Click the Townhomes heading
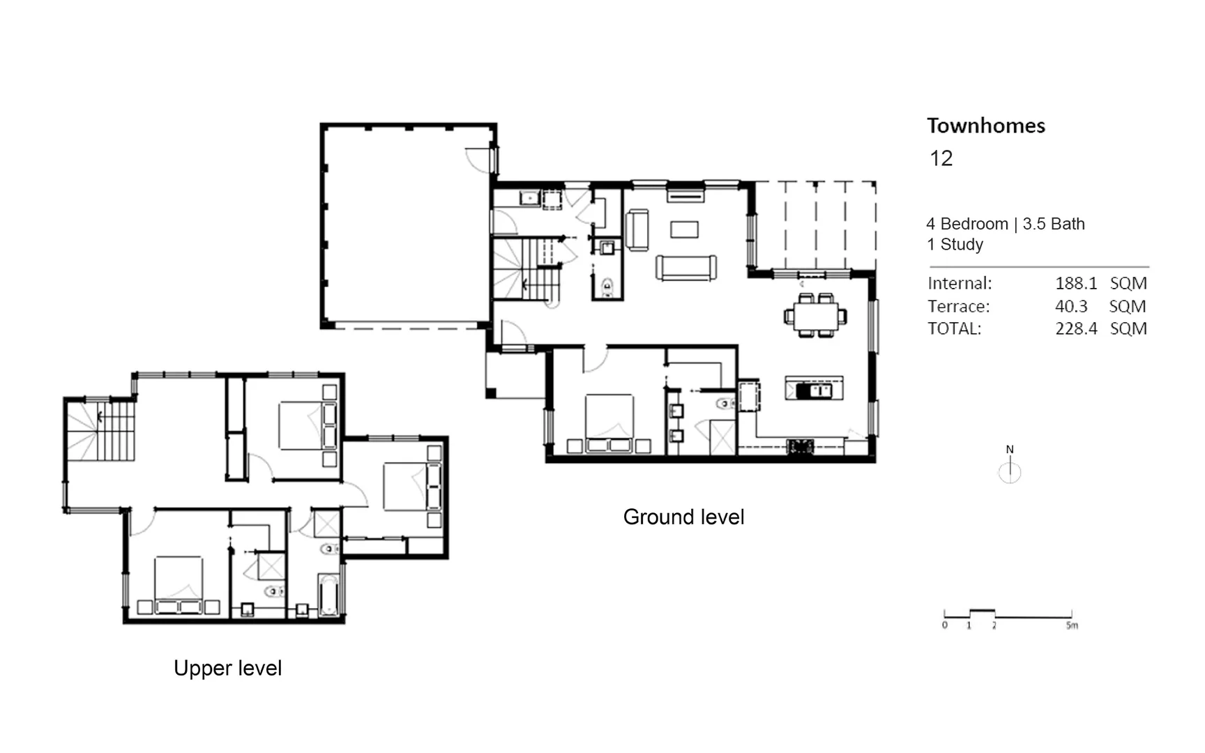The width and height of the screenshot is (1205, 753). [985, 125]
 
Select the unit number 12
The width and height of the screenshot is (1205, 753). [941, 158]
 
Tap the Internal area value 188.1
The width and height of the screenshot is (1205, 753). [1075, 283]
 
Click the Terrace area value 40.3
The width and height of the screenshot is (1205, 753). [1071, 306]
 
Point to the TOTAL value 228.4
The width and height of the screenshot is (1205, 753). [1075, 328]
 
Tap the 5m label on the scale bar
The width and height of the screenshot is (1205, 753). [1072, 625]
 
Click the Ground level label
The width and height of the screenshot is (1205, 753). [683, 517]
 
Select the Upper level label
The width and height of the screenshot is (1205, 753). [227, 668]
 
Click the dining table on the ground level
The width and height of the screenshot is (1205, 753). [815, 316]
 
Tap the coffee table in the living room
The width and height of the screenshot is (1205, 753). [684, 229]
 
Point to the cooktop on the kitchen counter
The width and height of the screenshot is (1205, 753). [800, 446]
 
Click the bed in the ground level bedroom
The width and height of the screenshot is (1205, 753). [609, 422]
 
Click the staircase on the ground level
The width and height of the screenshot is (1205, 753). [527, 268]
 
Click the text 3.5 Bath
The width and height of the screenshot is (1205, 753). [1053, 224]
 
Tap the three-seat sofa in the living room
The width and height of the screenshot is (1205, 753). [686, 268]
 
